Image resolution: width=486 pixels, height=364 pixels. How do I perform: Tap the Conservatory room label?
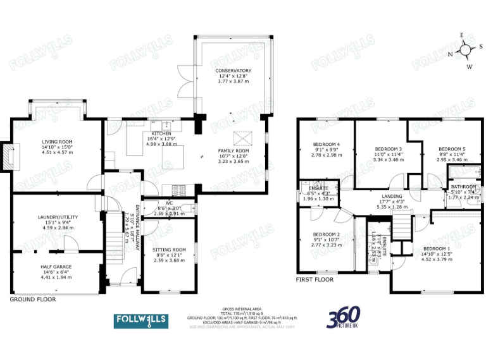[x=233, y=71]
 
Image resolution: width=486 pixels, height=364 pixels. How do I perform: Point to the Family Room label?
[x=233, y=151]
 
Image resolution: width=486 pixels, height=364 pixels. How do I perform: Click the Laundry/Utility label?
[x=58, y=217]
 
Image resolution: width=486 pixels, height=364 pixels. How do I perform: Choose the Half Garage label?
[x=57, y=267]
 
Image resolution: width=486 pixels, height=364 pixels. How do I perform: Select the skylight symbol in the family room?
[x=243, y=137]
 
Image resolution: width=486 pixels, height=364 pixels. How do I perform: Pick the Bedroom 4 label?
[x=326, y=145]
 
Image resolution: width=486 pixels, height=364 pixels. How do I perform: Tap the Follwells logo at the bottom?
[x=140, y=320]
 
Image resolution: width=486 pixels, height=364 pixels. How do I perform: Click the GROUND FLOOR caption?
[x=32, y=299]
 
